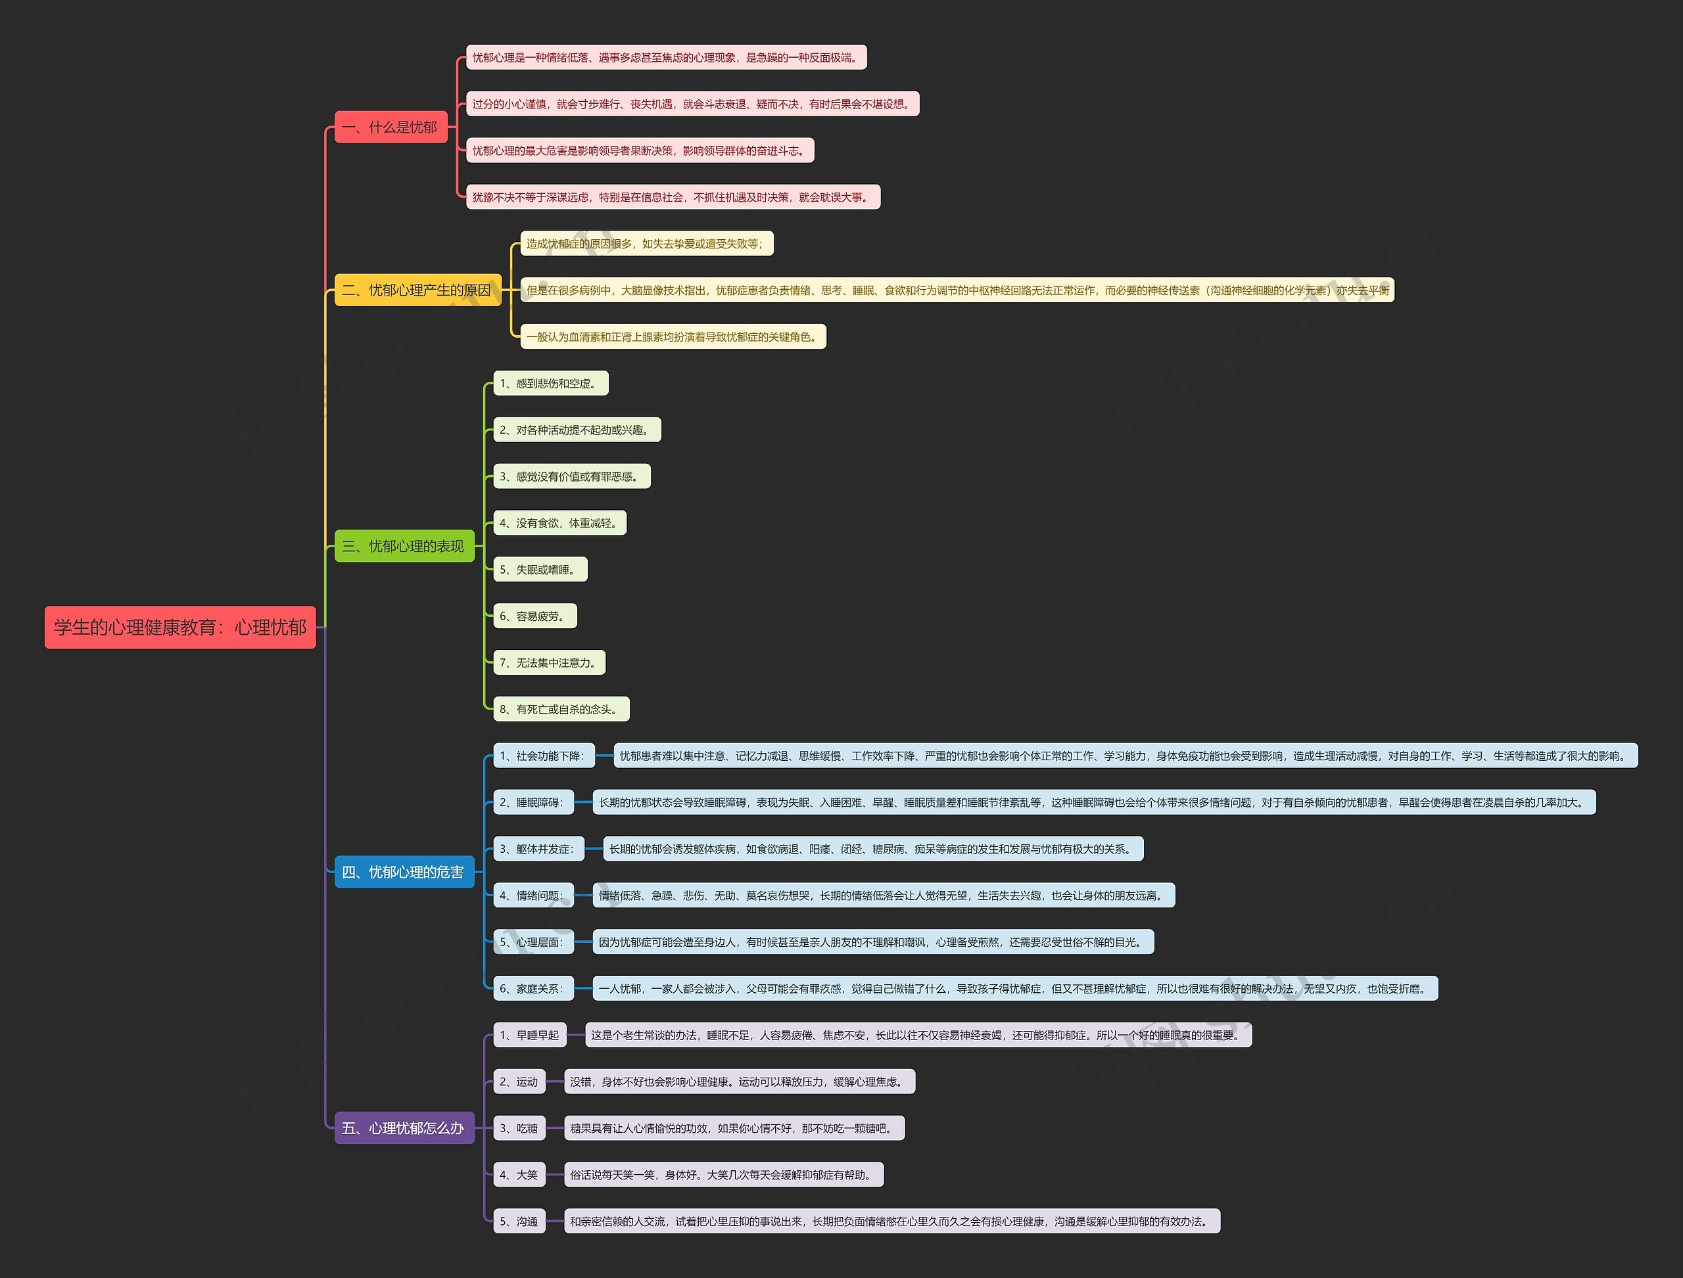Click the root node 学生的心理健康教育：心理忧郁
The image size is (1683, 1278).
tap(179, 628)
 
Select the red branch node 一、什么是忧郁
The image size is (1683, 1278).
tap(391, 127)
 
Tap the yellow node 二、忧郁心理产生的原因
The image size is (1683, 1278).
tap(417, 290)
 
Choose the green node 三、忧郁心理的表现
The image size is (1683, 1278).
tap(404, 546)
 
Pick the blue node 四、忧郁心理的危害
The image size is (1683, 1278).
tap(404, 872)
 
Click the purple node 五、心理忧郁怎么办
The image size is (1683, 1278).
tap(404, 1128)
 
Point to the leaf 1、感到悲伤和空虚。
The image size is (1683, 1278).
tap(550, 384)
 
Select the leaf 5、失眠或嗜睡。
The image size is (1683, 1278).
tap(540, 570)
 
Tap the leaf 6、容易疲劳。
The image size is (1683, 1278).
tap(534, 616)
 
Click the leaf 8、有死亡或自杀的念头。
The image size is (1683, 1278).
tap(561, 709)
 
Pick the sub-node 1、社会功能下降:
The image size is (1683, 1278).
tap(543, 756)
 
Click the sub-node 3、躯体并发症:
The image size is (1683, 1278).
tap(538, 849)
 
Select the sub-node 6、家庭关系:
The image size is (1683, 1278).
tap(533, 988)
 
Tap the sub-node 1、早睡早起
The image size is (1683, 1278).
tap(530, 1035)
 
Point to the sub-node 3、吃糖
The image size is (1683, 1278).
tap(519, 1128)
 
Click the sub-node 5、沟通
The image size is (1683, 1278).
tap(519, 1221)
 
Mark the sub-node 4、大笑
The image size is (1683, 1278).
tap(519, 1175)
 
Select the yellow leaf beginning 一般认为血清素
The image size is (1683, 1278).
tap(673, 336)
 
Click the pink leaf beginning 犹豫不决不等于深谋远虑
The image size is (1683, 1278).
tap(673, 197)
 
